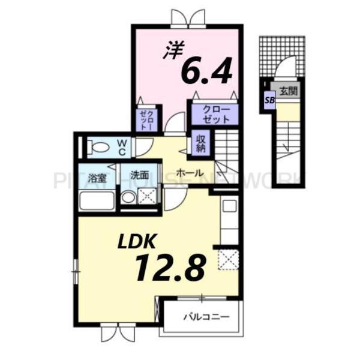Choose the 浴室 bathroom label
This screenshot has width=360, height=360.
[x=97, y=177]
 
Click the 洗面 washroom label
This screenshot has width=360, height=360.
[x=139, y=176]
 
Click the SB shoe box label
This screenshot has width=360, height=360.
[x=269, y=101]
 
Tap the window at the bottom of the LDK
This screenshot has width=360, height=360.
[x=114, y=330]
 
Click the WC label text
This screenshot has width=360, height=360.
[x=121, y=146]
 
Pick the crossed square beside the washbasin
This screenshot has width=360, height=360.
[x=148, y=196]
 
